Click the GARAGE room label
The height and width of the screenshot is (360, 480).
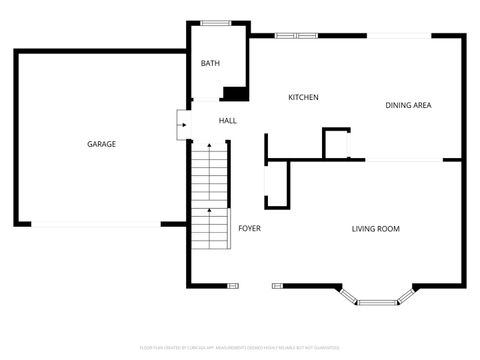point(101,144)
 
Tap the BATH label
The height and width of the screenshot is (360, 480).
point(210,63)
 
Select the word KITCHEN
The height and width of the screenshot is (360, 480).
point(303,97)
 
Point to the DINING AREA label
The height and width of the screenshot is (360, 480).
point(408,105)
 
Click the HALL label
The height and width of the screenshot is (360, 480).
point(228,121)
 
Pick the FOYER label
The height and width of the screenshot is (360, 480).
point(249,228)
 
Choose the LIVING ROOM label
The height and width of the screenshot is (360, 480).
point(375,229)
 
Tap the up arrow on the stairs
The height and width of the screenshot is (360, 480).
point(210,211)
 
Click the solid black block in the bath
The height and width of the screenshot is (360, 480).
point(235,94)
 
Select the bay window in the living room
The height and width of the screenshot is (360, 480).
point(376,298)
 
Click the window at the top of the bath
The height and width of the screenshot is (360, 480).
point(215,23)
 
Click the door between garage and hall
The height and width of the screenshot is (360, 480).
point(180,122)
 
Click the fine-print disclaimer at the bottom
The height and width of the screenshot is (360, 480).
point(240,347)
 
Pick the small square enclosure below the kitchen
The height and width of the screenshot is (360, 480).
point(337,144)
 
